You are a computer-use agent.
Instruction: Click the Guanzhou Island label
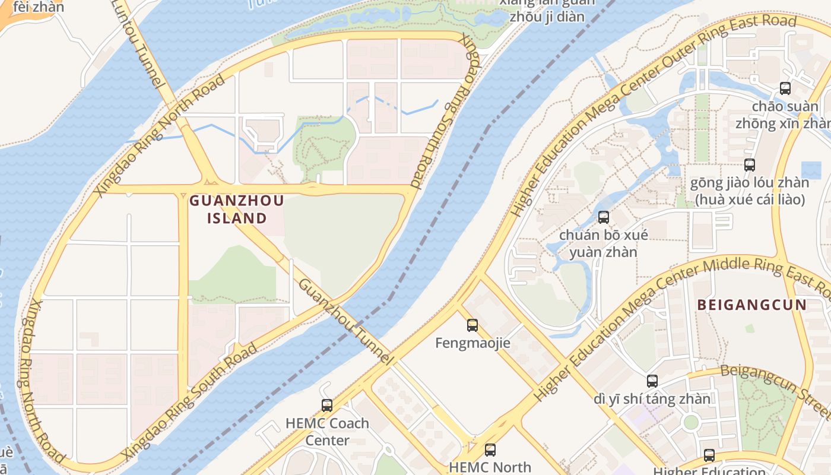click(236, 209)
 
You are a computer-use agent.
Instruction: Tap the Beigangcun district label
click(751, 305)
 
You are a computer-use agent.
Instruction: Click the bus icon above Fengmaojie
click(472, 325)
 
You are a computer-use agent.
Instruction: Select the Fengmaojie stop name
click(472, 343)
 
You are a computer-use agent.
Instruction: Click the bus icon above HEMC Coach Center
click(327, 406)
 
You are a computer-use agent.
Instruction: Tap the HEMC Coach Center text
click(327, 432)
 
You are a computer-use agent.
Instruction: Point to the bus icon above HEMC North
click(490, 450)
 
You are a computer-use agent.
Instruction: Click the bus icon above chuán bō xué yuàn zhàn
click(604, 217)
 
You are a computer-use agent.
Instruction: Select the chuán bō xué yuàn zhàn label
click(604, 243)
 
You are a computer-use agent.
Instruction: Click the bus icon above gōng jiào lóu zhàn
click(750, 165)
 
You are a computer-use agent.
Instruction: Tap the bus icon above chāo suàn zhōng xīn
click(785, 88)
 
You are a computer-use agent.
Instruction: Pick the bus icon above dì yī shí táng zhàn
click(652, 381)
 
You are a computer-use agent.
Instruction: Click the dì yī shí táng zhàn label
click(652, 399)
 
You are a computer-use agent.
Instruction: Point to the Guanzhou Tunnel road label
click(345, 321)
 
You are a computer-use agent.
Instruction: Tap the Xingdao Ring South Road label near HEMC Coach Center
click(190, 401)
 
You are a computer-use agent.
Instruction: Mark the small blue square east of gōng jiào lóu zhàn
click(811, 170)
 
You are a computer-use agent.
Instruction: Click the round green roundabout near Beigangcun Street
click(691, 423)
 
